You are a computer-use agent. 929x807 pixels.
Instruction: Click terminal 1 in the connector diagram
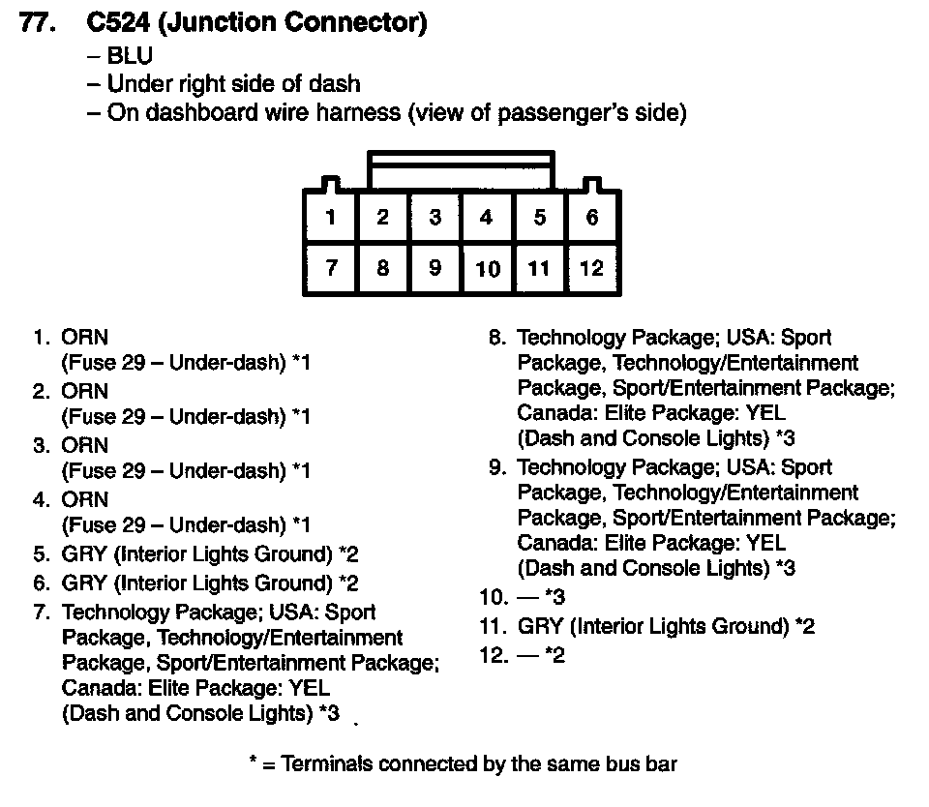point(331,217)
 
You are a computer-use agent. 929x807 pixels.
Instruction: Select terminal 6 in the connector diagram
point(592,217)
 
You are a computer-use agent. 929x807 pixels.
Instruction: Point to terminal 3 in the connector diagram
point(435,217)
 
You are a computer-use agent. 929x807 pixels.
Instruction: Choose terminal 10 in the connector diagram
point(488,268)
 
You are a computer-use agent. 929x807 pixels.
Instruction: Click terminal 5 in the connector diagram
point(540,217)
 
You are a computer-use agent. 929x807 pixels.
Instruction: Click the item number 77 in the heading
point(37,23)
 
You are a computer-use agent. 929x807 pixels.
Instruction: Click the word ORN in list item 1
point(85,338)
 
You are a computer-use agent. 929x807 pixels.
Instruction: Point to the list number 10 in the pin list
point(494,597)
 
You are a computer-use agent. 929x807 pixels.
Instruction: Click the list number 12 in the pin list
point(494,656)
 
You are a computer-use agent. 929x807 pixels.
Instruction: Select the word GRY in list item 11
point(540,626)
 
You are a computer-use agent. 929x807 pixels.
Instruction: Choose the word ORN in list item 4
point(85,499)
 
